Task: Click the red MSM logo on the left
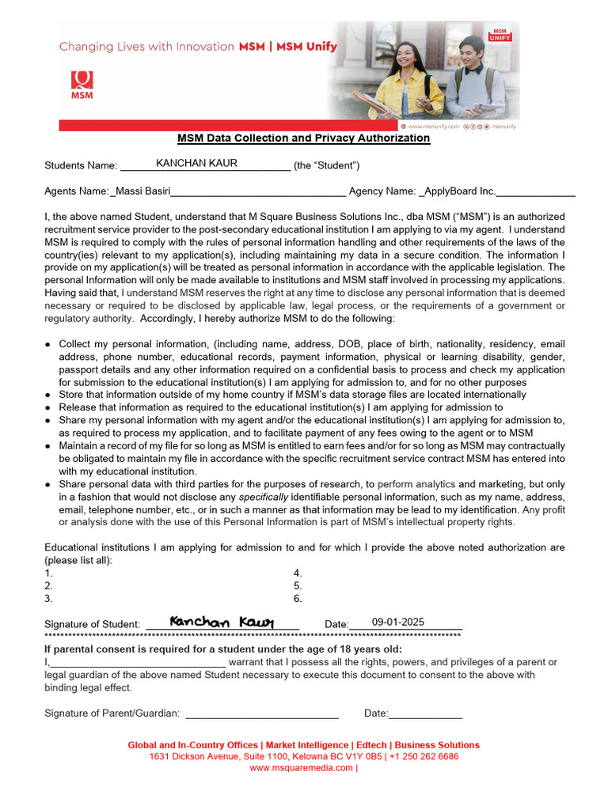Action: click(x=82, y=84)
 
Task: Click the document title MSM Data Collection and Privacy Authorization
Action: click(x=303, y=138)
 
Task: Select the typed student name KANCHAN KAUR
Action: click(x=196, y=164)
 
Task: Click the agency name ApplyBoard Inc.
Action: click(x=460, y=191)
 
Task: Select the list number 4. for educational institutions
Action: click(x=298, y=573)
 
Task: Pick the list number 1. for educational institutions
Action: click(x=48, y=573)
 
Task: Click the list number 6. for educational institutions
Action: click(x=298, y=599)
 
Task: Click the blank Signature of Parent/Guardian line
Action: click(x=261, y=713)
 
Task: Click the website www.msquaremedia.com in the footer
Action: click(x=302, y=767)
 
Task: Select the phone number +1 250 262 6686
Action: click(x=423, y=756)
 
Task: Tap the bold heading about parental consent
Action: click(x=223, y=649)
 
